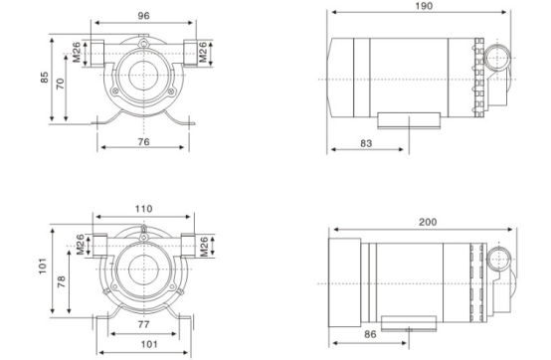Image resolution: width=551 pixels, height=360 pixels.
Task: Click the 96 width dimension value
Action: click(144, 16)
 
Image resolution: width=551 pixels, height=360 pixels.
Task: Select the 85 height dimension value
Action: click(45, 78)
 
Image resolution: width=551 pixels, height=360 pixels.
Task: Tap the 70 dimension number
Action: click(61, 84)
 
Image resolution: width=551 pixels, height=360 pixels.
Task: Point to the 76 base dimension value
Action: click(144, 142)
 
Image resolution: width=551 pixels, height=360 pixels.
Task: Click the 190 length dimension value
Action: click(424, 6)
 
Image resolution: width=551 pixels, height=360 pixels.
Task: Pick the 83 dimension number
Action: click(366, 143)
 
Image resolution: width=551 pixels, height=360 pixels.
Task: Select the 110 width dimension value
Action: click(144, 209)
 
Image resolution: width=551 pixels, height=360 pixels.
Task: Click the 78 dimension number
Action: click(61, 281)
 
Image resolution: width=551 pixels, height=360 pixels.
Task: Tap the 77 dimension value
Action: click(144, 324)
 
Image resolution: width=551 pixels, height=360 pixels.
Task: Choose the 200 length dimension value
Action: click(428, 222)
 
